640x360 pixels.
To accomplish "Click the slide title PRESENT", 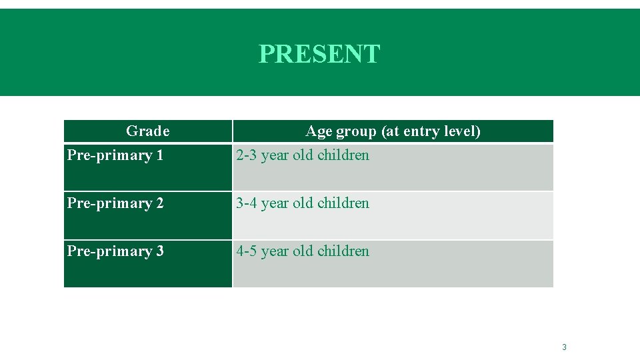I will pos(319,54).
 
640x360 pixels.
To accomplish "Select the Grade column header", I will pos(147,131).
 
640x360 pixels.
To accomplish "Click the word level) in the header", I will pos(463,131).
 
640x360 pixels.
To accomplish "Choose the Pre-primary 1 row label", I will pos(115,155).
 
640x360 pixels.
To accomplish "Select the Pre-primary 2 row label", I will pos(115,203).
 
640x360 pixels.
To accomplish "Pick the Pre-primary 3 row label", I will pos(115,251).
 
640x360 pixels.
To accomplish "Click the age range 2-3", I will pos(246,155).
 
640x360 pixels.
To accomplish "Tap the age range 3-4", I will pos(246,203).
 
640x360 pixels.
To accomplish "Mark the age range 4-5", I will pos(246,251).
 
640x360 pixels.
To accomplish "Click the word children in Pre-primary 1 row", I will pos(343,155).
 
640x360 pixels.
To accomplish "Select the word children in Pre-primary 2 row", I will pos(343,203).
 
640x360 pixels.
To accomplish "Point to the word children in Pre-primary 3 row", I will pos(343,251).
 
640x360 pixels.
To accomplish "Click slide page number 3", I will pos(564,347).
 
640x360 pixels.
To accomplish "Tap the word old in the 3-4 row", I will pos(303,203).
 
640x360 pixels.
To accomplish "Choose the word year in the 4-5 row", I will pos(275,252).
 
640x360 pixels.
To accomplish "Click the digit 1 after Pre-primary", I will pos(159,155).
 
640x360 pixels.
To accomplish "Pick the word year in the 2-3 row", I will pos(275,156).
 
